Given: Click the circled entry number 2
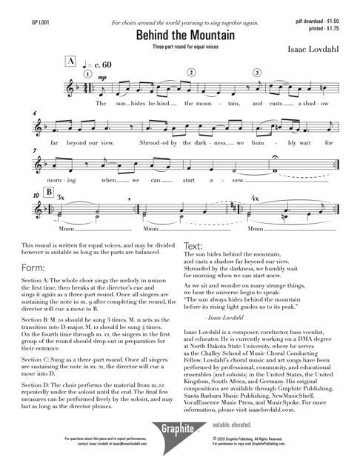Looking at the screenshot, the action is pyautogui.click(x=191, y=73).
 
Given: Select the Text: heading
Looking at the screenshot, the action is pyautogui.click(x=193, y=245).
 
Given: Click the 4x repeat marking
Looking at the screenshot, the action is pyautogui.click(x=255, y=199).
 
